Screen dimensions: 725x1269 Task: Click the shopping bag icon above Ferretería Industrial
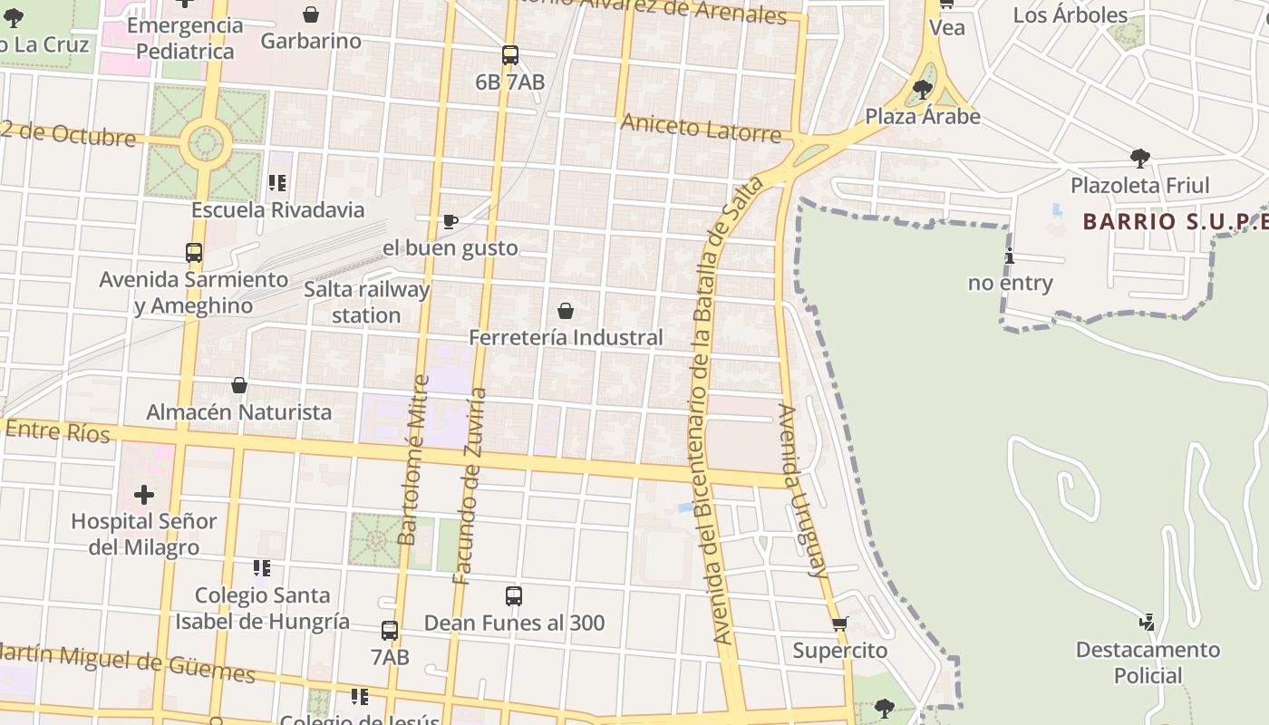coord(566,311)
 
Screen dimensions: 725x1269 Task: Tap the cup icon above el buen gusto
coord(450,221)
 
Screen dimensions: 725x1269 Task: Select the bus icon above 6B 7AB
coord(510,55)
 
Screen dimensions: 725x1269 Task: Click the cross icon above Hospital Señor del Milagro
coord(144,495)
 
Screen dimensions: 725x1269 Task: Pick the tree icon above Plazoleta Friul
coord(1140,159)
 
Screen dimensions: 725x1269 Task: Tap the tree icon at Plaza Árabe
coord(923,90)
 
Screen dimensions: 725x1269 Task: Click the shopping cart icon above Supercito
coord(840,624)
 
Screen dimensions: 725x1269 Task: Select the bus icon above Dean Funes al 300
coord(514,596)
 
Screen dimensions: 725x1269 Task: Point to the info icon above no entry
coord(1010,256)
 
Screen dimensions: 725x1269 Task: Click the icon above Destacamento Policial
coord(1148,623)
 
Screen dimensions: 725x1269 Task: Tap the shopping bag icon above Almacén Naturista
coord(239,385)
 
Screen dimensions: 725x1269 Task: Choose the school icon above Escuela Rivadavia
coord(277,183)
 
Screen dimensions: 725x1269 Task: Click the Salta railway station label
coord(366,303)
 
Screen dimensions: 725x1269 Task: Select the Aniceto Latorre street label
coord(701,128)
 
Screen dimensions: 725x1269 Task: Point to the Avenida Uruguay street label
coord(799,489)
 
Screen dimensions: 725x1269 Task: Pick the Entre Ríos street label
coord(58,430)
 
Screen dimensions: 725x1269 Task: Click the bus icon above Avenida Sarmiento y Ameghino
coord(194,253)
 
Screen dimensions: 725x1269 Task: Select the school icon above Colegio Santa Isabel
coord(262,568)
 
